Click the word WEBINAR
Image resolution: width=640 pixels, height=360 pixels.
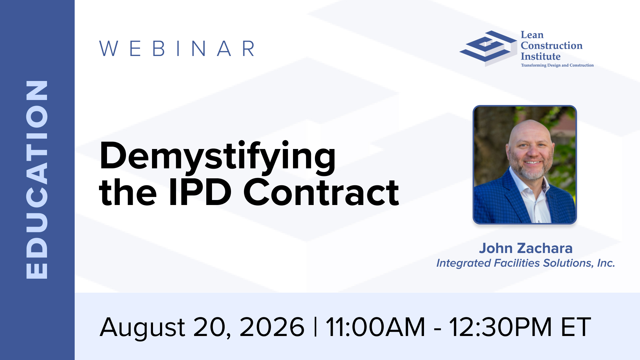click(177, 49)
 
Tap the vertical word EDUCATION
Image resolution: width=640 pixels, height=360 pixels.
click(37, 180)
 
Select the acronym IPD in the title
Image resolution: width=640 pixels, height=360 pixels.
click(200, 192)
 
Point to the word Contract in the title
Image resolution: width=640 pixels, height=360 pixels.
click(321, 192)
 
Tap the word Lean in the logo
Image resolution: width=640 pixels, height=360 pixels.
click(532, 35)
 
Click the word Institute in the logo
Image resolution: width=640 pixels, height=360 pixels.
click(541, 56)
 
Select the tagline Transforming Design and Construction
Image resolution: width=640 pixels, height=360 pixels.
click(557, 65)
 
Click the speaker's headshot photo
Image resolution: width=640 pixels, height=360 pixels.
click(525, 165)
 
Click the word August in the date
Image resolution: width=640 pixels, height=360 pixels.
click(142, 328)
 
